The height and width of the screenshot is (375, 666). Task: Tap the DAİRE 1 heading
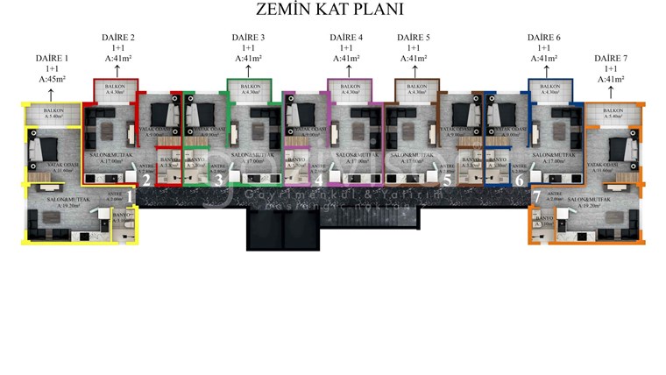tap(52, 58)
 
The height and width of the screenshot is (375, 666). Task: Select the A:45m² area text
tap(52, 79)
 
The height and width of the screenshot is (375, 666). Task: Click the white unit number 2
tap(146, 180)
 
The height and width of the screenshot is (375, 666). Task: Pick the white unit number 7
tap(536, 198)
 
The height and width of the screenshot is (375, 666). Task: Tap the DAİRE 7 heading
tap(611, 58)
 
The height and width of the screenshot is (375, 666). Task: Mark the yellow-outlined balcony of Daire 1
tap(51, 114)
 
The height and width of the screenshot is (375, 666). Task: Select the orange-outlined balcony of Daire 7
tap(613, 113)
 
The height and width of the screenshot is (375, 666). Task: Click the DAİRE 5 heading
tap(413, 38)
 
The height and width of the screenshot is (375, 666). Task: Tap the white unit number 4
tap(320, 180)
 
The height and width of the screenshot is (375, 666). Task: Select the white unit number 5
tap(447, 180)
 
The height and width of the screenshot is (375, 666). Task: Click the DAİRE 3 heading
tap(248, 38)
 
